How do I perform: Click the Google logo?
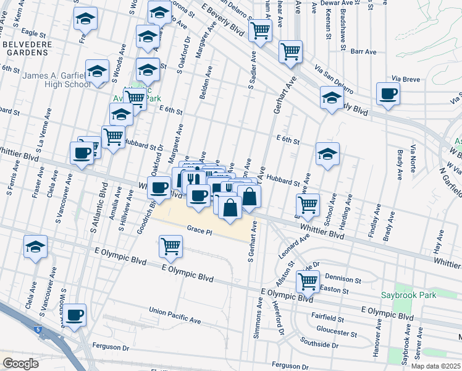pos(20,364)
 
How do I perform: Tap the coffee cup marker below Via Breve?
pos(388,95)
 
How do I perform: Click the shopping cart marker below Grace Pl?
pos(170,245)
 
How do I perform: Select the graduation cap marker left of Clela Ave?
pos(36,247)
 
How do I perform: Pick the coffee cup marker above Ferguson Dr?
pos(75,315)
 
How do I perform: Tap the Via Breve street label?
pos(406,79)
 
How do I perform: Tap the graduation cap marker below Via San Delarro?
pos(332,98)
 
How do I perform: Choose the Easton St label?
pos(337,291)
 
